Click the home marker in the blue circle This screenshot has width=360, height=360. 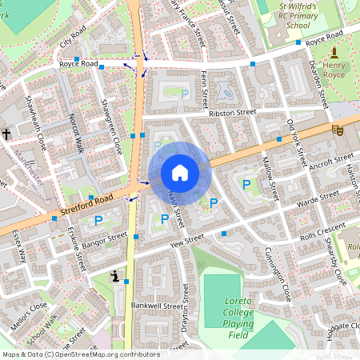click(180, 172)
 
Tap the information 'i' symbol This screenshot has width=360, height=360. click(115, 277)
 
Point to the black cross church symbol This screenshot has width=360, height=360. click(6, 134)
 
